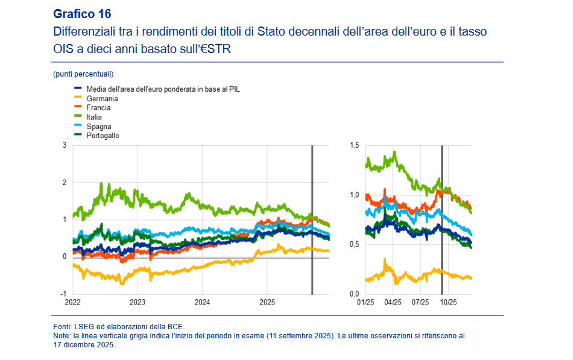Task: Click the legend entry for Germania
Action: coord(102,98)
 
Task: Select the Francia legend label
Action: coord(98,108)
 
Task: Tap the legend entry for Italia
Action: coord(94,117)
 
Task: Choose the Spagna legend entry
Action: coord(98,127)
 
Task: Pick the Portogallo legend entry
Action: coord(102,136)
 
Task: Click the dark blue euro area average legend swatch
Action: coord(77,89)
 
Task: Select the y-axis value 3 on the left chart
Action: coord(65,145)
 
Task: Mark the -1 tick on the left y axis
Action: coord(63,293)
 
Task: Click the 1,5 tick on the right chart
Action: coord(354,145)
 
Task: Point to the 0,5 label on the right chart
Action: coord(354,244)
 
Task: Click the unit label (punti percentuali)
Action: coord(83,74)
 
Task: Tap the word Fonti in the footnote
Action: coord(63,326)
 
